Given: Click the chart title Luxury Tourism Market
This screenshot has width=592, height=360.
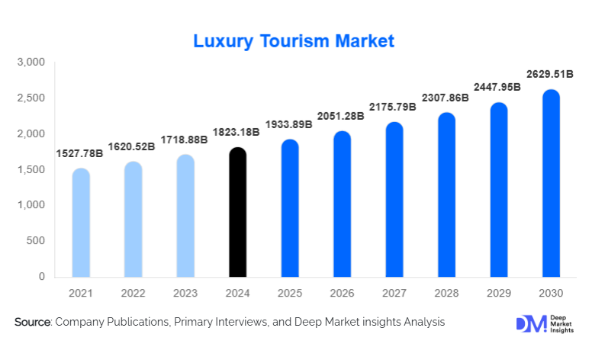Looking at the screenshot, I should [294, 41].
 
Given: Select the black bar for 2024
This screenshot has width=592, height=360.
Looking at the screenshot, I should [237, 214].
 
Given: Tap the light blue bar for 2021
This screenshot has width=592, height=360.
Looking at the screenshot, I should [81, 223].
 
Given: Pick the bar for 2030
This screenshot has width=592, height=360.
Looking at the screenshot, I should [550, 184].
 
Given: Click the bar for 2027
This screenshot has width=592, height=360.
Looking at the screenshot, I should [394, 200].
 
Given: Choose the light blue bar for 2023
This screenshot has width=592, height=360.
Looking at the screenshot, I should [185, 217].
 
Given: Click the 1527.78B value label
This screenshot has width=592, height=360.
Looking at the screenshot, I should [80, 153].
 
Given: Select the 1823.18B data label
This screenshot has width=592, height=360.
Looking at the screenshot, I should [236, 132].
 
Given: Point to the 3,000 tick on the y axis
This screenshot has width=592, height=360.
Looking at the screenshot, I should [31, 62].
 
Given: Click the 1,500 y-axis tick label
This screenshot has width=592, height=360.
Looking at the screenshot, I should [31, 169].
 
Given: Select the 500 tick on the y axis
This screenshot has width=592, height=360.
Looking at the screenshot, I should [37, 241].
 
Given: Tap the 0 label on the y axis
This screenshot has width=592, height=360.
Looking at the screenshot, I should [42, 277].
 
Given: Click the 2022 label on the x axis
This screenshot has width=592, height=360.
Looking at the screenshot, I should [133, 293].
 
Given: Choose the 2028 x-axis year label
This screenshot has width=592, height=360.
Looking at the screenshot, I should [446, 293].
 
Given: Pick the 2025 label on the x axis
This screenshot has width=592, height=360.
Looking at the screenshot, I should [289, 293].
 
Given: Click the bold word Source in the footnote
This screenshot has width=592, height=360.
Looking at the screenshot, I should [32, 323].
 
